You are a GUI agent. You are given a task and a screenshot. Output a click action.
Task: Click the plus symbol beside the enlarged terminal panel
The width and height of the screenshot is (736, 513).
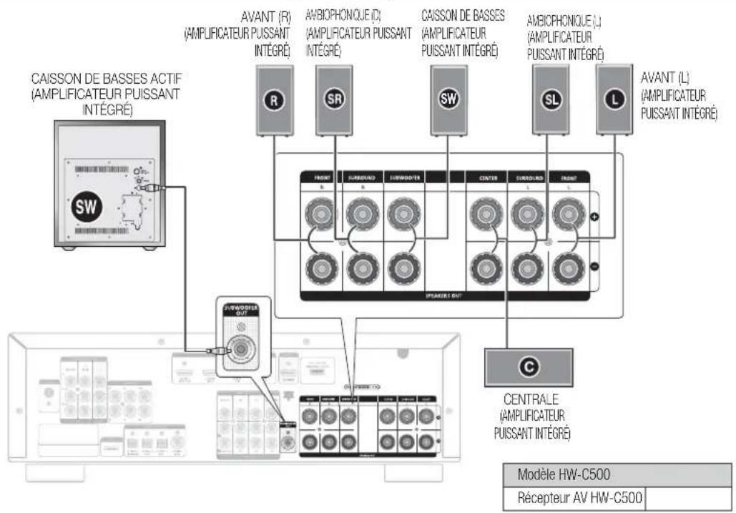click(x=595, y=217)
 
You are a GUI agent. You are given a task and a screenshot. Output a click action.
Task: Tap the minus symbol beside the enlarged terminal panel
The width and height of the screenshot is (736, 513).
click(x=595, y=267)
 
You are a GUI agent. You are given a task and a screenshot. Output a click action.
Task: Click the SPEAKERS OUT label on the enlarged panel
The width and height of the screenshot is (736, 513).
click(x=439, y=293)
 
